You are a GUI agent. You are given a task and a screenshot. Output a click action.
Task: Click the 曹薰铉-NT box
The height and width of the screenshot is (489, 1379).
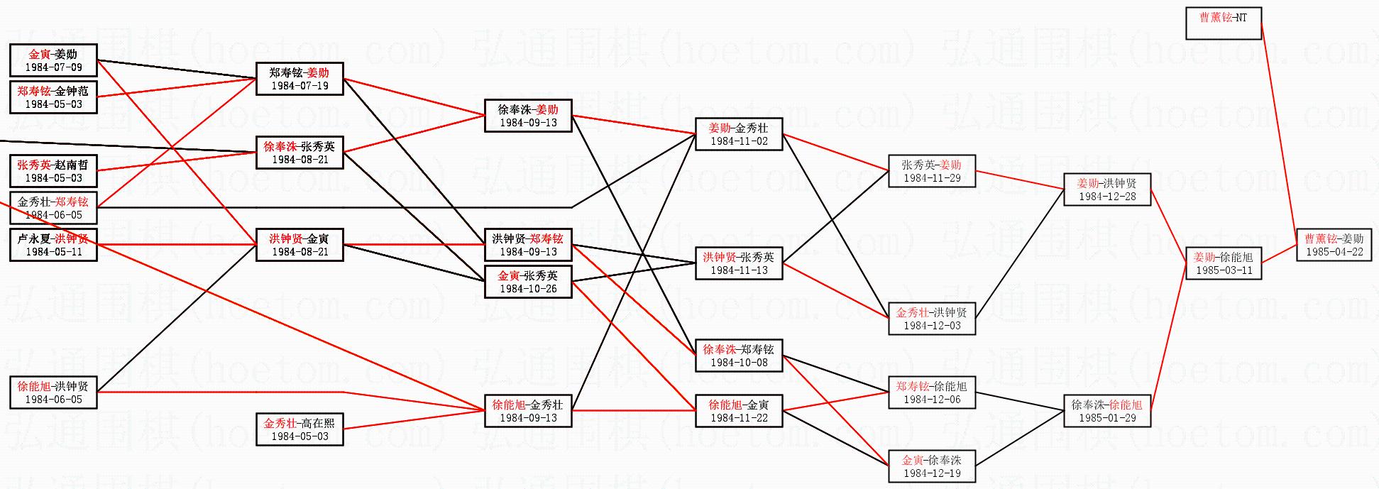coord(1224,23)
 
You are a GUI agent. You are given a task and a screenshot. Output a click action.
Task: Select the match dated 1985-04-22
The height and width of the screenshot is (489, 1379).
coord(1334,245)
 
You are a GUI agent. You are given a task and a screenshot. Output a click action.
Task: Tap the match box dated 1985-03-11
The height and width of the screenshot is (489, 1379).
coord(1224,263)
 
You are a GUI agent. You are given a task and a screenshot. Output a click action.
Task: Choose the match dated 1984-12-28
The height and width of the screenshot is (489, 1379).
coord(1107,189)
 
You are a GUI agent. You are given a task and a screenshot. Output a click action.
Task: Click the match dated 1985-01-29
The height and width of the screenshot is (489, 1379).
coord(1107,411)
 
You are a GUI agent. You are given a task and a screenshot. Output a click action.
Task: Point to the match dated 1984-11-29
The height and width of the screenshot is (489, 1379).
coord(932,171)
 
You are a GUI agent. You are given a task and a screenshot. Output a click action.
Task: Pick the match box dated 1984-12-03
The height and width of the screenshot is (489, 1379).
coord(932,319)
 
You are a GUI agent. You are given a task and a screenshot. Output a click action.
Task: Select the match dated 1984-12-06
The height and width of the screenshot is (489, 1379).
coord(932,392)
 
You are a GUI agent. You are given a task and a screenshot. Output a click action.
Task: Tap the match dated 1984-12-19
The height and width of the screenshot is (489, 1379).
coord(932,466)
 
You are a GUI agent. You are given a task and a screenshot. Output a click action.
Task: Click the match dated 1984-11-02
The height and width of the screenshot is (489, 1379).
coord(739,134)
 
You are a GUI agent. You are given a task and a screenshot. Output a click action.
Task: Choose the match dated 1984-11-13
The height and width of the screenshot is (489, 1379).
coord(739,263)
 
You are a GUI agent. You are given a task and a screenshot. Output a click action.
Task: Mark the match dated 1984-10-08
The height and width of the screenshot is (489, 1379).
coord(739,356)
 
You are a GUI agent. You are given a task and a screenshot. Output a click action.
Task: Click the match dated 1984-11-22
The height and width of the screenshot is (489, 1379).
coord(739,411)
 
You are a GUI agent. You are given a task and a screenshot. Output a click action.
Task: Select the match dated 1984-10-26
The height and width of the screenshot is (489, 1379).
coord(528,282)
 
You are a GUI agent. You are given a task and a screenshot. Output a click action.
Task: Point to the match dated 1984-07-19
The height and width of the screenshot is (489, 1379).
coord(300,79)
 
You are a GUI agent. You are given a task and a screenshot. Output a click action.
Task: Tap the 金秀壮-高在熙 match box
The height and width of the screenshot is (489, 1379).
coord(300,429)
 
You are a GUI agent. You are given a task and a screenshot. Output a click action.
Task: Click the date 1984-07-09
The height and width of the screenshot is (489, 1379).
coord(53,67)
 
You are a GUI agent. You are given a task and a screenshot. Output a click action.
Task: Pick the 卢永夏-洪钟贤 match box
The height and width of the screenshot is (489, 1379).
coord(53,245)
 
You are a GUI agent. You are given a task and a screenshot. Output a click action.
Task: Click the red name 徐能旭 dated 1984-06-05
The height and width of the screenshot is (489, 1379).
coord(34,386)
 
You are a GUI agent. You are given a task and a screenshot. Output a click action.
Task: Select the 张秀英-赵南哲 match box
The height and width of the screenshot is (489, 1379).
coord(53,171)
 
